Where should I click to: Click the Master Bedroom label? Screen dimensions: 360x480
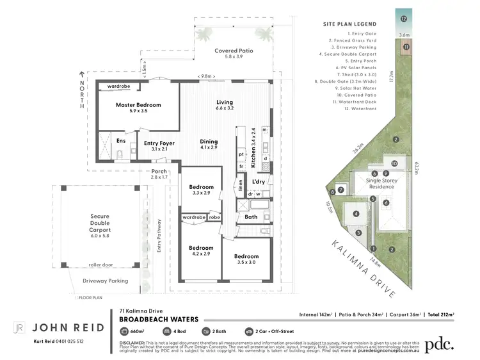coord(138,104)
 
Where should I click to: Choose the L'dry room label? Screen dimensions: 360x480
coord(259,182)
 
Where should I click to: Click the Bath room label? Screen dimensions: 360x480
coord(251,217)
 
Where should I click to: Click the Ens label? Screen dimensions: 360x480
coord(121,140)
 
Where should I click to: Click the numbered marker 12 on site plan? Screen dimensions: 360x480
coord(404,19)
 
